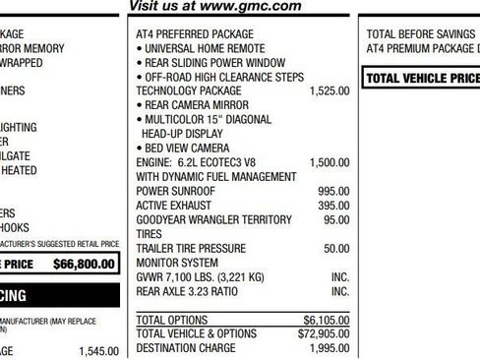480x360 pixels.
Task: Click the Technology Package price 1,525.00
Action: point(329,90)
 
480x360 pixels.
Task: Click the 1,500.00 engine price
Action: point(329,162)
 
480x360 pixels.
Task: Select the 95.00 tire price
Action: point(336,219)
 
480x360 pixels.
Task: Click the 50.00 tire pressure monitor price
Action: point(336,249)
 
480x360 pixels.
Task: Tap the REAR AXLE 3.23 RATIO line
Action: point(187,292)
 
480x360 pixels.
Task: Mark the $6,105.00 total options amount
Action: point(327,321)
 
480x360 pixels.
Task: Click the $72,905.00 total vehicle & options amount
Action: point(324,334)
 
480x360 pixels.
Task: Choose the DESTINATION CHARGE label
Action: point(186,349)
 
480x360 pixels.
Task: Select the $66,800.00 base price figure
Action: point(84,264)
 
